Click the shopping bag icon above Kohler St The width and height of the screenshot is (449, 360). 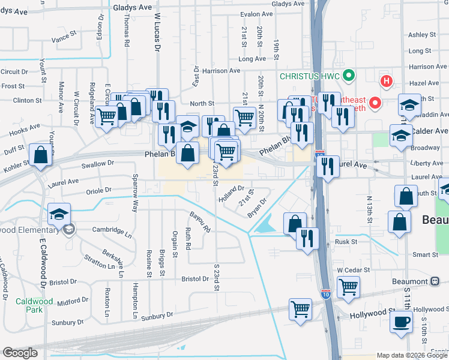click(x=40, y=154)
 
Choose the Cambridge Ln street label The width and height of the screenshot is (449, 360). click(x=112, y=230)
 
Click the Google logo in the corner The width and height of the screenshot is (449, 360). click(x=20, y=353)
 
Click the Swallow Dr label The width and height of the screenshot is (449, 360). click(x=97, y=163)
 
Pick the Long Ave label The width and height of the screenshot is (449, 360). click(x=252, y=59)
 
